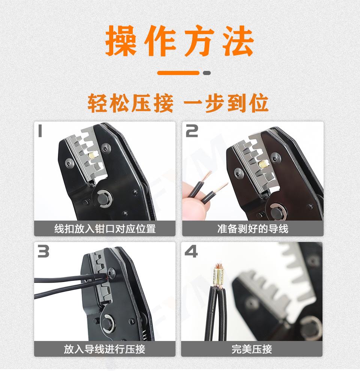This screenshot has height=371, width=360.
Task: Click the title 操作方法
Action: (180, 41)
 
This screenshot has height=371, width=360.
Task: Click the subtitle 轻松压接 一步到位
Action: (178, 103)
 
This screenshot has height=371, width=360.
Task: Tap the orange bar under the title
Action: (178, 73)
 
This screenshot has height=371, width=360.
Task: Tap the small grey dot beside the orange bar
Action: (207, 73)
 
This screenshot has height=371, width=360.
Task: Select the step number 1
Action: (40, 131)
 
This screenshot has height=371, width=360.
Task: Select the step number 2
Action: (192, 131)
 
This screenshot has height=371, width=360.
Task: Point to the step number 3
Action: (43, 251)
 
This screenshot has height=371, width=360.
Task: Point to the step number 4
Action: (191, 252)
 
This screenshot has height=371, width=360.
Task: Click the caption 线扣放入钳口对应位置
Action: (105, 228)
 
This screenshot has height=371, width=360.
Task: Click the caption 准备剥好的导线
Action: (253, 228)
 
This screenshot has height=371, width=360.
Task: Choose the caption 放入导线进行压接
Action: (104, 349)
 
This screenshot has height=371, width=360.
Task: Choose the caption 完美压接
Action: (252, 349)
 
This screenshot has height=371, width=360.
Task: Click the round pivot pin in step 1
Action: (104, 199)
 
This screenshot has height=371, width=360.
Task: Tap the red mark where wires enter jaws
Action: (108, 278)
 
